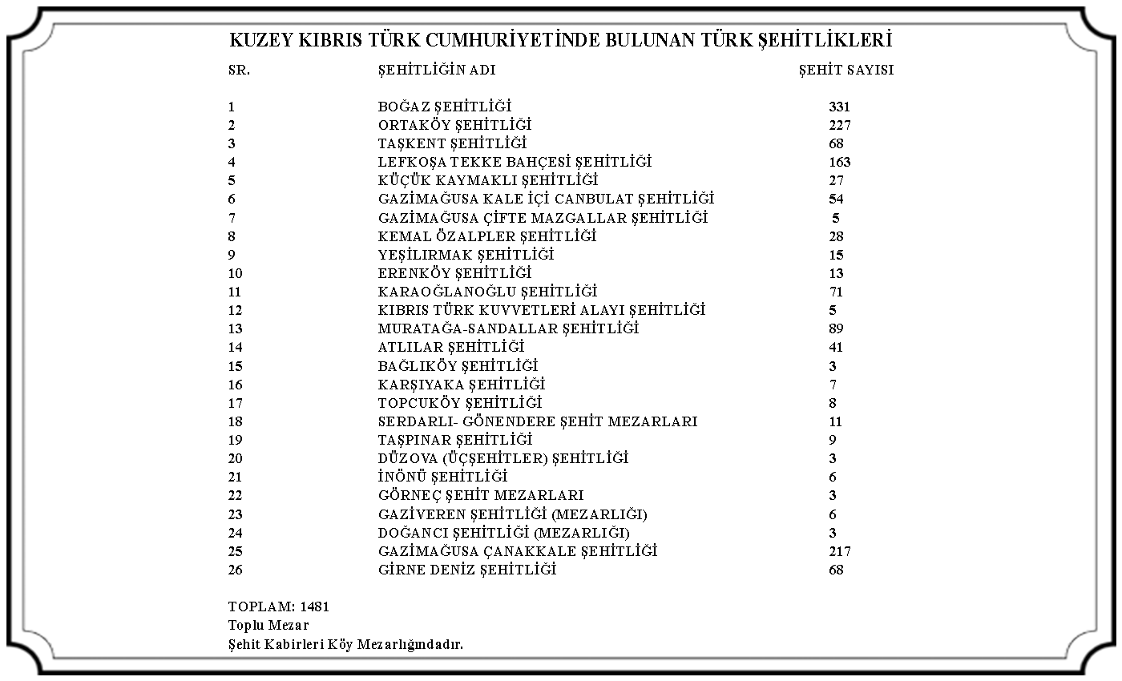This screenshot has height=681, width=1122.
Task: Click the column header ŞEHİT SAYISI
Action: (846, 70)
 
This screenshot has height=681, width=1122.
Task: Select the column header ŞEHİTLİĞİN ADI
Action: (437, 70)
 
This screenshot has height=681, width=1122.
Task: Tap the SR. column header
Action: (239, 70)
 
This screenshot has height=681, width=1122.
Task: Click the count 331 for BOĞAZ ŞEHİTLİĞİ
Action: (839, 107)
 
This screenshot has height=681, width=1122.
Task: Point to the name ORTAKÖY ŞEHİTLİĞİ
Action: (454, 125)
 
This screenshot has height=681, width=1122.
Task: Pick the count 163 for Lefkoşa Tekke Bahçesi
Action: (840, 162)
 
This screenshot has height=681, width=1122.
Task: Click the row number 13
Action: (235, 328)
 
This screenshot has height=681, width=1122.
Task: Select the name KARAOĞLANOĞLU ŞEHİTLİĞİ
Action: (487, 292)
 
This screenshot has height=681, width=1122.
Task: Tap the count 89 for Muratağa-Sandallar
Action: (837, 328)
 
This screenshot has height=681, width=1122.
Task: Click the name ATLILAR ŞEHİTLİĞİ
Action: (451, 347)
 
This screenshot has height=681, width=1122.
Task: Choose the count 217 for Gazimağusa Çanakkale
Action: (840, 551)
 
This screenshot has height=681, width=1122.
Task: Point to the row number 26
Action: (235, 570)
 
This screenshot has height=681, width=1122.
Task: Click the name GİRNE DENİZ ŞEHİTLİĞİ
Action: (466, 570)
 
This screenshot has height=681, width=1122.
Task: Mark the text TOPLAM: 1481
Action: (279, 606)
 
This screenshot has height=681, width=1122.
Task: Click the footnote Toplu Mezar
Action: (268, 625)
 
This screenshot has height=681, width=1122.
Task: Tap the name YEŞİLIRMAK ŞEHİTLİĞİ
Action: (466, 255)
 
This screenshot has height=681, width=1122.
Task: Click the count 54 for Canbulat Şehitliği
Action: (837, 199)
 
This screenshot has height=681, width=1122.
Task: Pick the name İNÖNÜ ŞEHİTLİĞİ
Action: (442, 477)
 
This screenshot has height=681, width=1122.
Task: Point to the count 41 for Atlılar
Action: (837, 347)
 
